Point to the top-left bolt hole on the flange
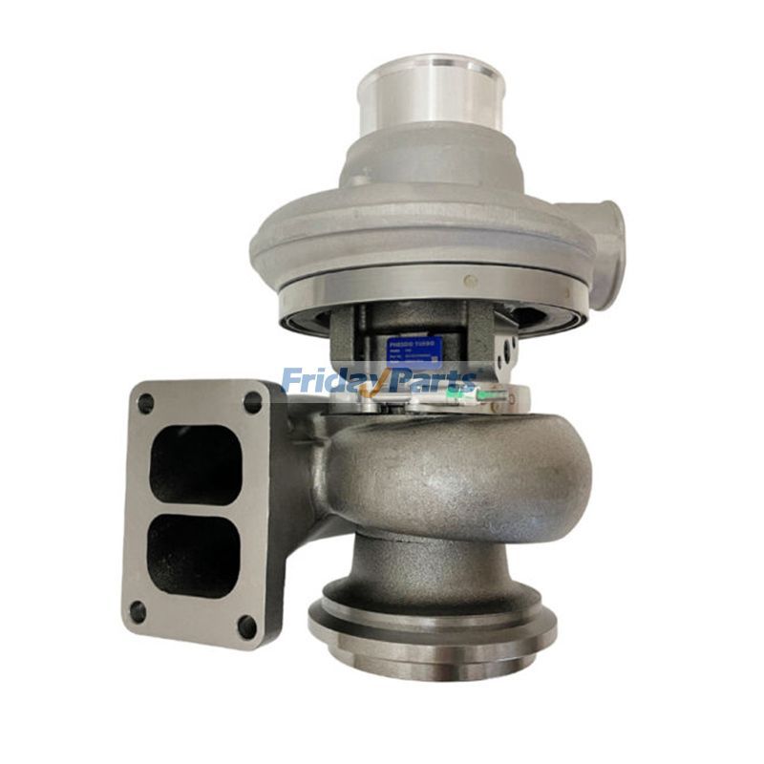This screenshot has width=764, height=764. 146,404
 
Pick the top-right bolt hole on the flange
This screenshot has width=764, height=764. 253,402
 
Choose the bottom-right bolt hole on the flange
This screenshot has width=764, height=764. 247,626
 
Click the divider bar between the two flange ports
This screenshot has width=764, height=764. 197,510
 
